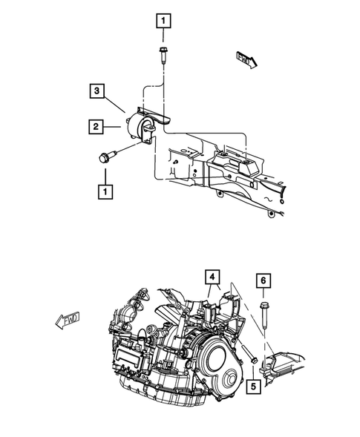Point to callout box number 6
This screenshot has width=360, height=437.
click(x=264, y=280)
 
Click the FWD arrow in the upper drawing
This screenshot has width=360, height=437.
click(x=246, y=59)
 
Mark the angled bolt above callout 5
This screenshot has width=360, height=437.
click(x=246, y=352)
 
